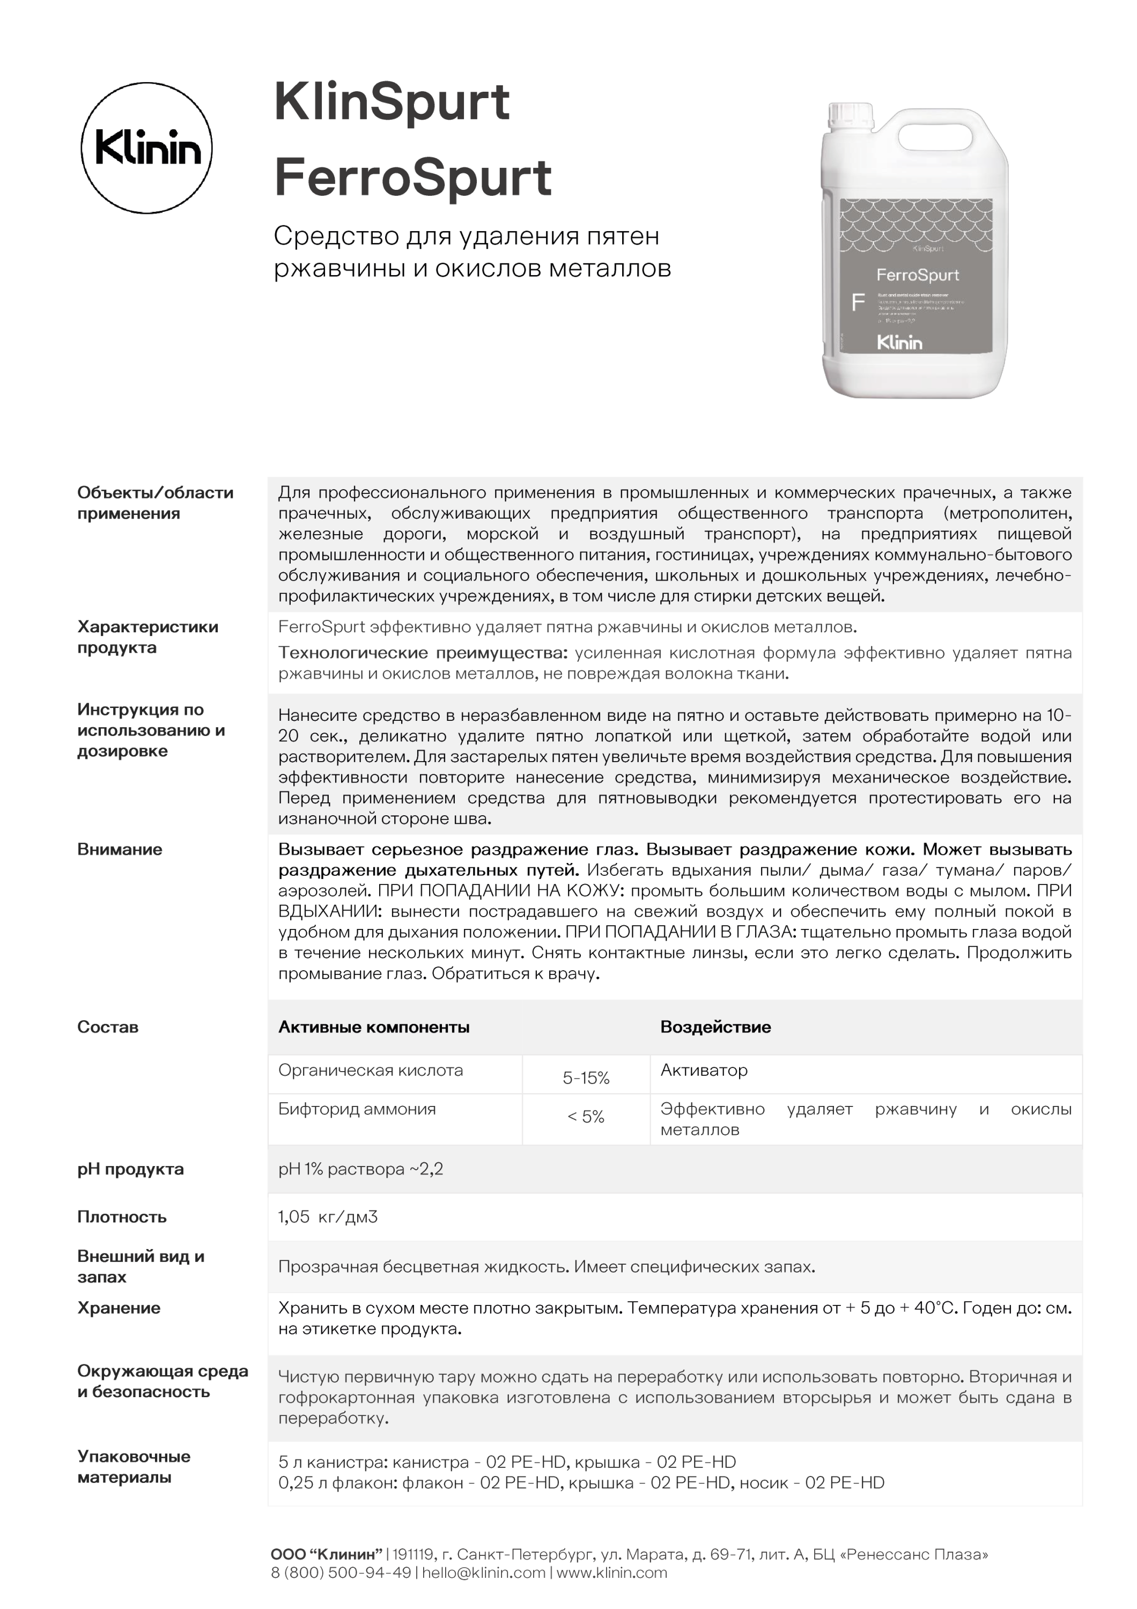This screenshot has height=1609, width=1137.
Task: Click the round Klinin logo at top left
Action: click(x=146, y=148)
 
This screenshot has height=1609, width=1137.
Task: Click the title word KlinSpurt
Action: click(x=392, y=103)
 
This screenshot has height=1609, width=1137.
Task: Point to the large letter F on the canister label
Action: click(x=858, y=302)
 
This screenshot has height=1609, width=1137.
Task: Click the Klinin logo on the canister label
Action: click(x=899, y=343)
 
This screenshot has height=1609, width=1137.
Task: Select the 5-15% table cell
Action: click(x=586, y=1078)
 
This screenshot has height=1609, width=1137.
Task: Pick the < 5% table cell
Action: click(x=586, y=1116)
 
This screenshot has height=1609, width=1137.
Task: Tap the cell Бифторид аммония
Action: click(x=357, y=1109)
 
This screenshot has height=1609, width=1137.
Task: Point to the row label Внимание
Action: click(x=119, y=850)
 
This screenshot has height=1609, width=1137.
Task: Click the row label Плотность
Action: click(x=122, y=1216)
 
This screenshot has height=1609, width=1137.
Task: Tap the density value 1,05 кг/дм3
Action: click(x=328, y=1216)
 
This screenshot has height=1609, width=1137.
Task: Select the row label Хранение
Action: click(x=119, y=1308)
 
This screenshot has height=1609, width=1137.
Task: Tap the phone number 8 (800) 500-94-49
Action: click(x=341, y=1573)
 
